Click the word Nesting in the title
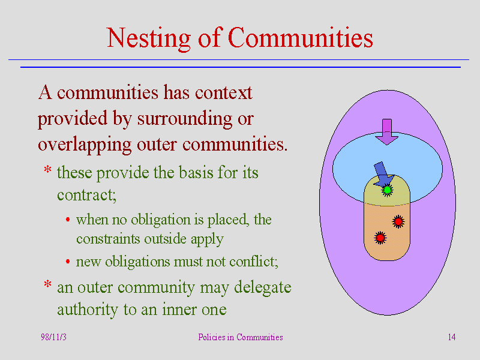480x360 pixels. coord(149,38)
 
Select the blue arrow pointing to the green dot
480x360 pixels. coord(383,174)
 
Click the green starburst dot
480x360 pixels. coord(387,190)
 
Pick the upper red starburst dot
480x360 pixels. coord(398,221)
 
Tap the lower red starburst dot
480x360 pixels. coord(380,238)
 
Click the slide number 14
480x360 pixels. coord(452,337)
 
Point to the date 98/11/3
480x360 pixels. coord(53,337)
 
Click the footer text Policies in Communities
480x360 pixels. coord(241,337)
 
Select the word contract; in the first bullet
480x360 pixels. coord(86,195)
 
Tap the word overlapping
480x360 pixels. coord(85,145)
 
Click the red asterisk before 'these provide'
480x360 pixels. coord(47,169)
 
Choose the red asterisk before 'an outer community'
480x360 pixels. coord(47,284)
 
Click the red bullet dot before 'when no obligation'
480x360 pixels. coord(68,220)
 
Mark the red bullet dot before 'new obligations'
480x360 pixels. coord(68,262)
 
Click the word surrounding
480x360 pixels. coord(185,119)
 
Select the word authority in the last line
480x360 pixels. coord(88,310)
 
